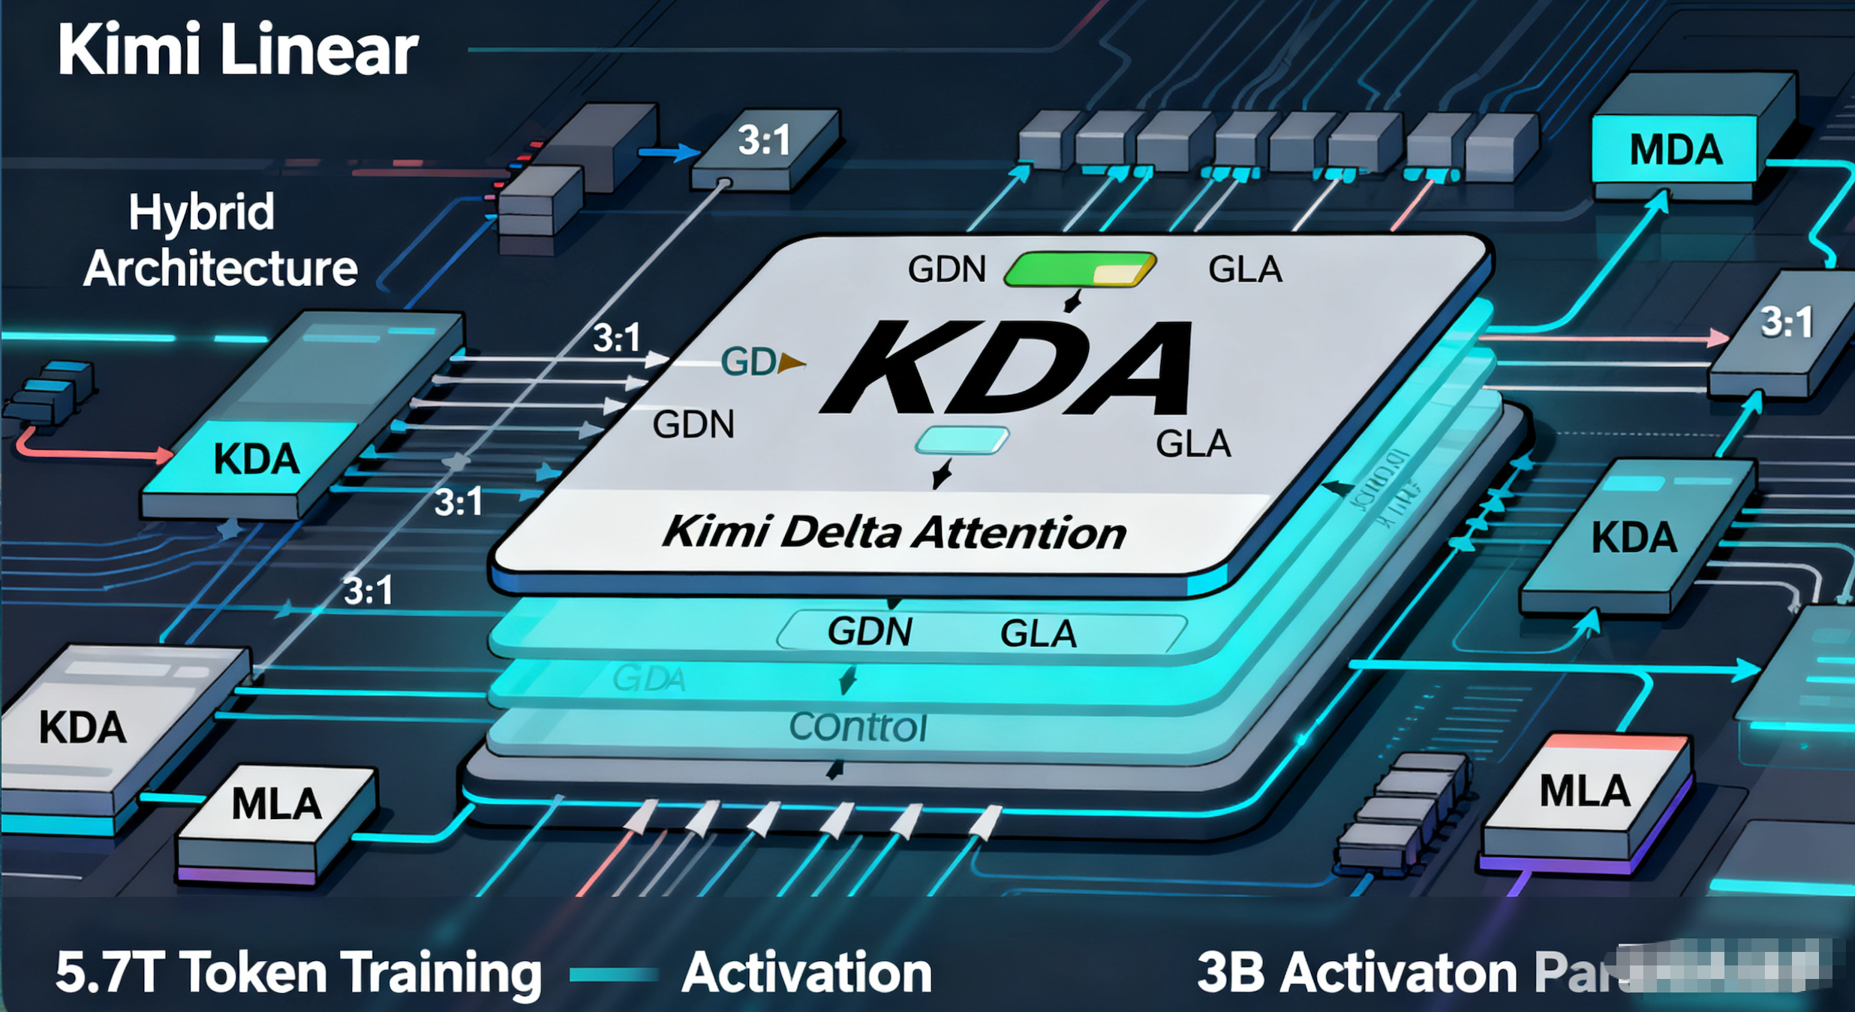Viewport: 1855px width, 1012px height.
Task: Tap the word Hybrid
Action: pyautogui.click(x=201, y=212)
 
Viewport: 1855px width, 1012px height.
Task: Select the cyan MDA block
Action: pyautogui.click(x=1675, y=149)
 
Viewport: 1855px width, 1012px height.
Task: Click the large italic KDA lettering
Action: pyautogui.click(x=1009, y=368)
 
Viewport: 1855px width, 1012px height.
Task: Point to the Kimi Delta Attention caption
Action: pyautogui.click(x=893, y=532)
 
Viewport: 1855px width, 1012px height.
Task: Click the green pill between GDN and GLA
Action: pyautogui.click(x=1079, y=270)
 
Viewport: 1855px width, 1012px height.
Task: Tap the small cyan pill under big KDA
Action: pyautogui.click(x=962, y=441)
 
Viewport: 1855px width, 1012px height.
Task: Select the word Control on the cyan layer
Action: pyautogui.click(x=858, y=727)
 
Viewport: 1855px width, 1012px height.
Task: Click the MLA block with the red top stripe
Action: pyautogui.click(x=1585, y=792)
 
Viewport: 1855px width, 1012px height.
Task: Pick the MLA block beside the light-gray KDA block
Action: pyautogui.click(x=276, y=805)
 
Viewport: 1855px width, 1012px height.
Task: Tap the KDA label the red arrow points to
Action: pyautogui.click(x=256, y=459)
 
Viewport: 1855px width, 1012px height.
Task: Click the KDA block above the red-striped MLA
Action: pyautogui.click(x=1634, y=538)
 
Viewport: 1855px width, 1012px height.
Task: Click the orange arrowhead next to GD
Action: pyautogui.click(x=791, y=363)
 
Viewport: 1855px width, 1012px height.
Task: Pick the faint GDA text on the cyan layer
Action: pyautogui.click(x=648, y=679)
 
